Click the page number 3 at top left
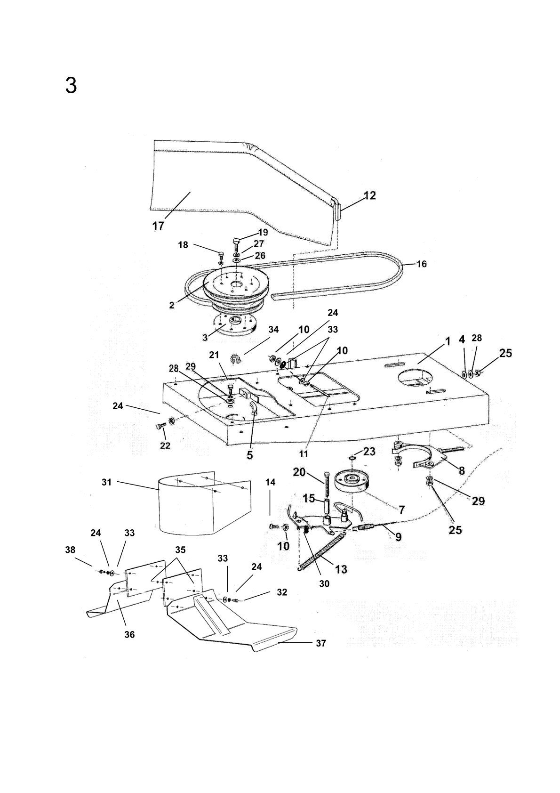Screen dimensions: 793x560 71,86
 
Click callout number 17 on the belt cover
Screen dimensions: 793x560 158,226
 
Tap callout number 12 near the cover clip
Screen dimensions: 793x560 370,195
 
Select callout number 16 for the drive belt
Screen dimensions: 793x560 422,264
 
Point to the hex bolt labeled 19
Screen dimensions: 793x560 237,244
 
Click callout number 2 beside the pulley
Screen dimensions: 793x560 172,305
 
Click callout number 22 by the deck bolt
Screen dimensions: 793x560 165,445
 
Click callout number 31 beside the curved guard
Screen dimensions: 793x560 107,482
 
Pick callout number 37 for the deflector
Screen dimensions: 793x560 320,643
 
